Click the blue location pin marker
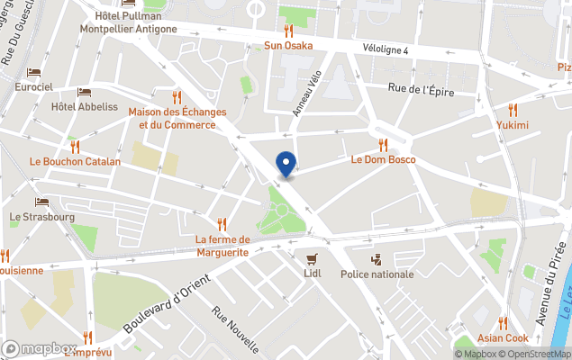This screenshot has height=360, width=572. (286, 165)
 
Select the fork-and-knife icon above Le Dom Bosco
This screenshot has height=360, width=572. (383, 145)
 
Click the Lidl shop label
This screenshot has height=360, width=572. (313, 274)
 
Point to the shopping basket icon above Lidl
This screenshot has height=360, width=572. (313, 257)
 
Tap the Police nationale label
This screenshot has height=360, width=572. (377, 274)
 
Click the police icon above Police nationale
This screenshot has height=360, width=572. (377, 258)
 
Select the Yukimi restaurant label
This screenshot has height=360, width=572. (513, 125)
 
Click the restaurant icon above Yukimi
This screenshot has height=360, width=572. (513, 109)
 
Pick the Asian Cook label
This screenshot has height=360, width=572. (504, 338)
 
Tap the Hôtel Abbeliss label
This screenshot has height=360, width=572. (85, 106)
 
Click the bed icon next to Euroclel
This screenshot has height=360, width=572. (33, 72)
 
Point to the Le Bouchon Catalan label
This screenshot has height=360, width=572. (75, 162)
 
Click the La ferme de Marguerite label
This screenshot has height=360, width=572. (222, 246)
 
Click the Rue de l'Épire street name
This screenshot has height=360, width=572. (421, 89)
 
